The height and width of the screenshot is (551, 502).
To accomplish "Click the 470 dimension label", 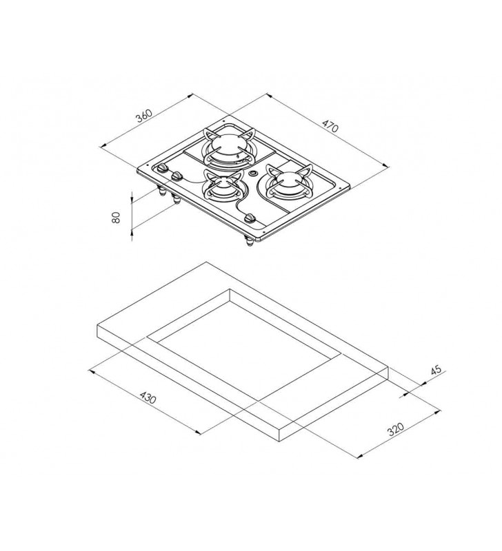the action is tap(330, 126).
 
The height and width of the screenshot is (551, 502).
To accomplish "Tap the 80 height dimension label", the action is tap(116, 217).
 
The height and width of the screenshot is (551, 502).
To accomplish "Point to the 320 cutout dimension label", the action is tap(396, 429).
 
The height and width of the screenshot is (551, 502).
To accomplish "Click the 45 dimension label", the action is tap(436, 370).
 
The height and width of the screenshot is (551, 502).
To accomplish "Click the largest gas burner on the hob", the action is tap(229, 147).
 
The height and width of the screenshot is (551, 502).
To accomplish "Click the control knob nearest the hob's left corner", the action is tap(162, 168).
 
